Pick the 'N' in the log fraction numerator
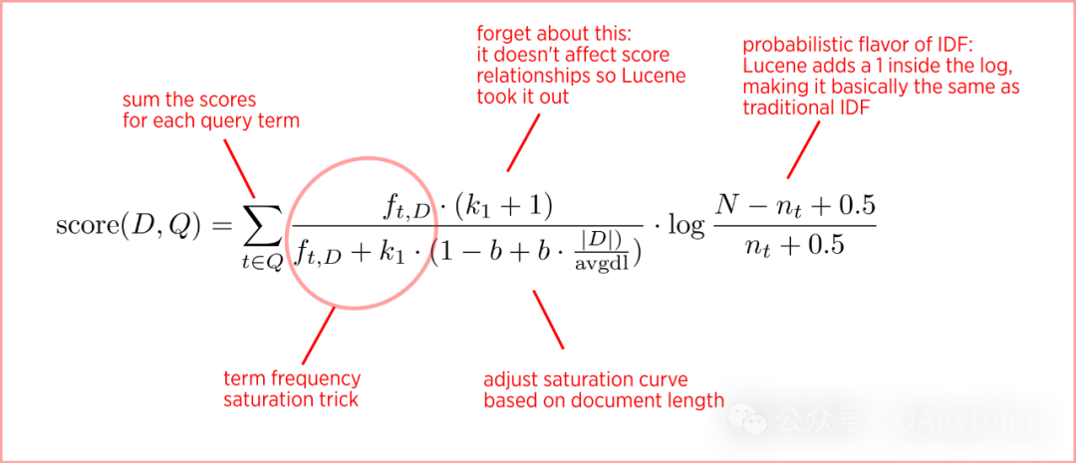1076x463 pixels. (x=726, y=204)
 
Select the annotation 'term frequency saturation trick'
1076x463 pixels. (x=292, y=388)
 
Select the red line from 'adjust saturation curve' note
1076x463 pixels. (x=548, y=319)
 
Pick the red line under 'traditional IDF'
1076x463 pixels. (x=803, y=148)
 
